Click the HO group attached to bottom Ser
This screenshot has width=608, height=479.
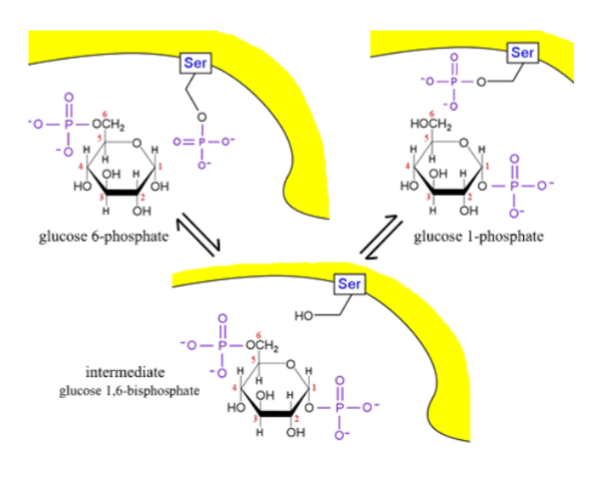pos(306,317)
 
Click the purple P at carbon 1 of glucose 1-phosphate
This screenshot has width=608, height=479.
pos(513,185)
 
